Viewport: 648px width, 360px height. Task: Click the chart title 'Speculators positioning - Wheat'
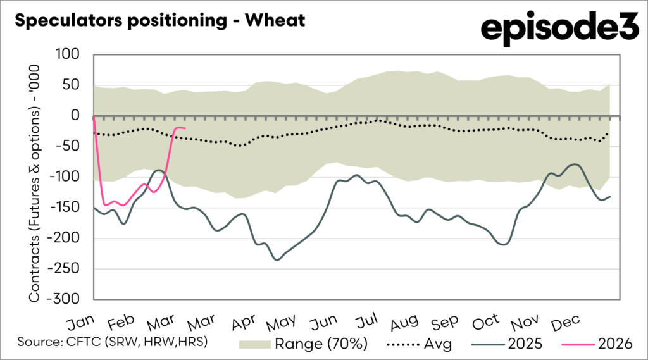pyautogui.click(x=159, y=21)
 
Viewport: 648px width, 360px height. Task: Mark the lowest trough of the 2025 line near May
pyautogui.click(x=277, y=259)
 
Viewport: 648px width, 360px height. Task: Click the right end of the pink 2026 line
pyautogui.click(x=184, y=128)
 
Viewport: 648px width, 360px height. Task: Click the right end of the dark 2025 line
pyautogui.click(x=610, y=196)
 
